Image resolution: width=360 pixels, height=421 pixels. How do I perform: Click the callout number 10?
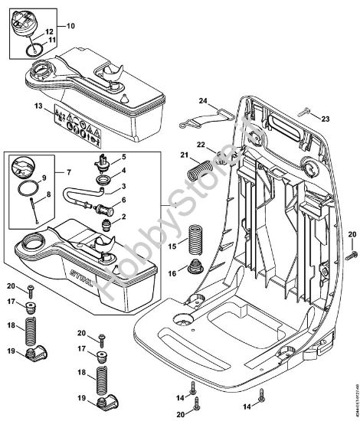point(71,26)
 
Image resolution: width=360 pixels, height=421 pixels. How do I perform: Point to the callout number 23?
point(325,118)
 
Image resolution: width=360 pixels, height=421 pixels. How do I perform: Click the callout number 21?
point(184,156)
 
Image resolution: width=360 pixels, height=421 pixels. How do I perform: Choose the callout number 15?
point(172,246)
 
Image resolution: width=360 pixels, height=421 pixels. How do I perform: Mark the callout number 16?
point(172,273)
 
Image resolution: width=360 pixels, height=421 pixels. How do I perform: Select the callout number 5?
point(123,157)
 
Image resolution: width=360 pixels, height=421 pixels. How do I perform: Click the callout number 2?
point(123,217)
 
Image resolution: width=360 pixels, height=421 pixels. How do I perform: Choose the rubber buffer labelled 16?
point(195,269)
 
